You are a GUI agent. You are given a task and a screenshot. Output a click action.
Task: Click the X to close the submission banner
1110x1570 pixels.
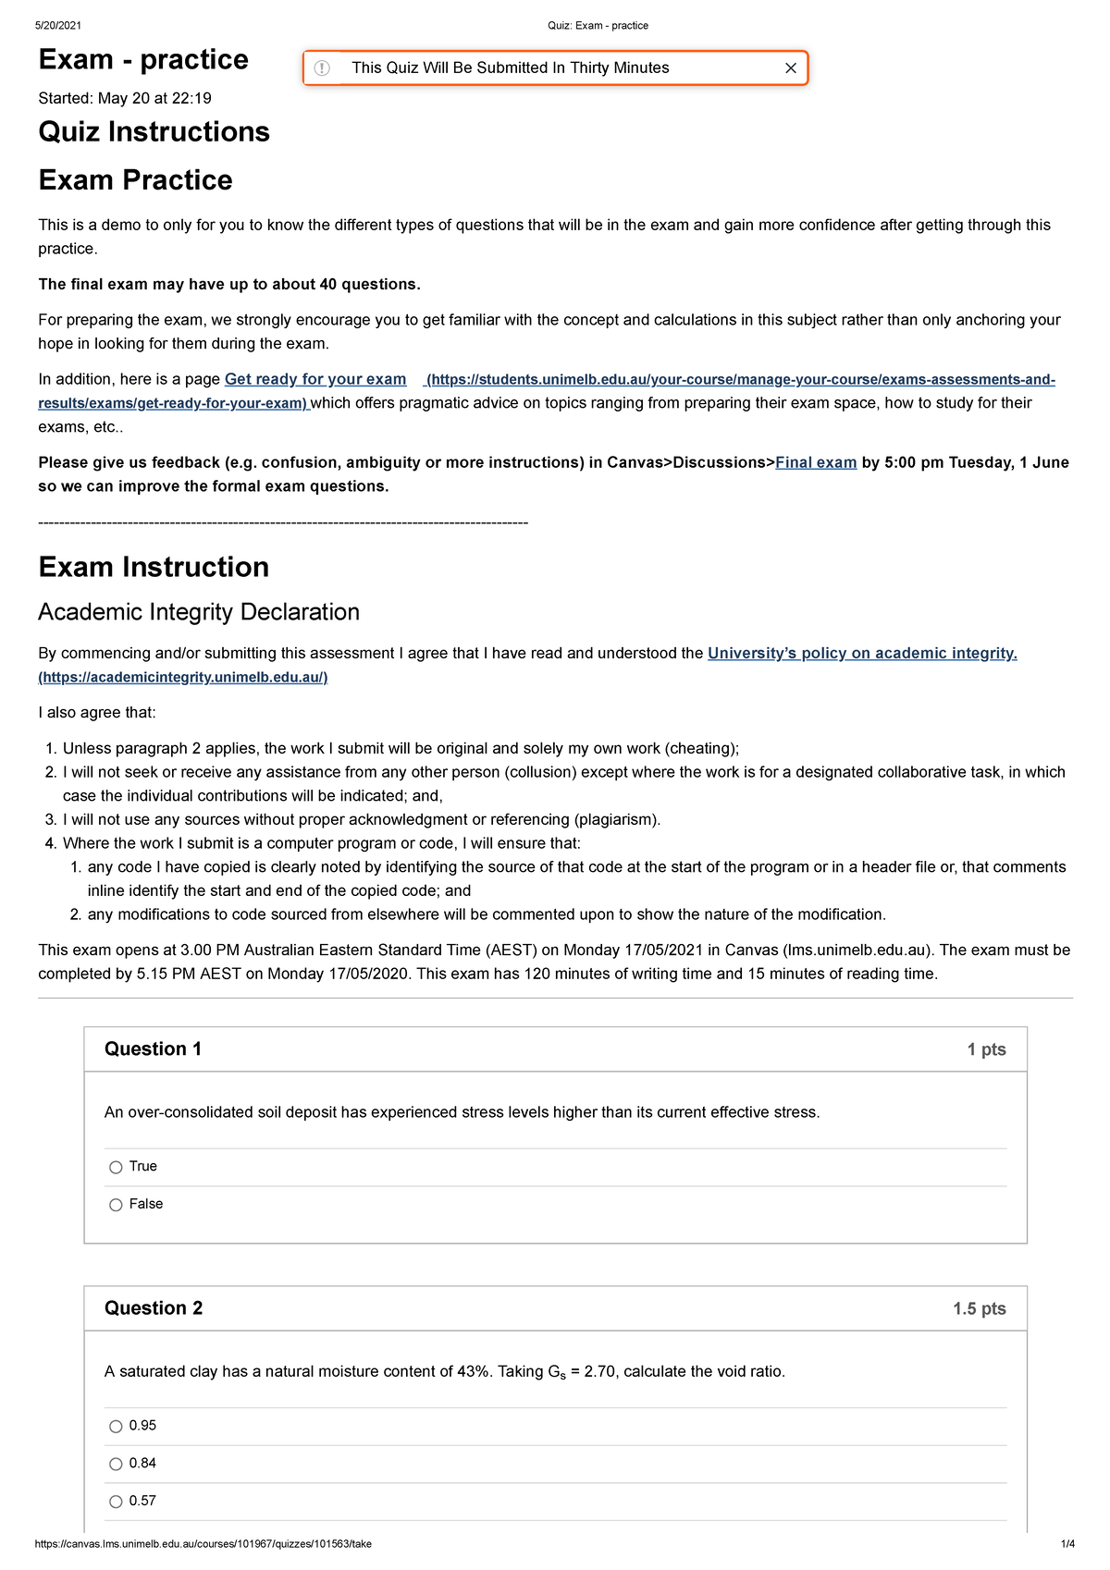[790, 68]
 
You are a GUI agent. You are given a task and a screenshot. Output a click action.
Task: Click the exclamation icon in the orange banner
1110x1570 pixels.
[322, 68]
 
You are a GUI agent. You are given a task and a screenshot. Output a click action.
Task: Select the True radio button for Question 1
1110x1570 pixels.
[116, 1167]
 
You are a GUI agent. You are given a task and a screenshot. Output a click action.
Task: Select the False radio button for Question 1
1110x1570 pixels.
[116, 1205]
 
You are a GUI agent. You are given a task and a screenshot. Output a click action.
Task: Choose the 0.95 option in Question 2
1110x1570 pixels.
[116, 1427]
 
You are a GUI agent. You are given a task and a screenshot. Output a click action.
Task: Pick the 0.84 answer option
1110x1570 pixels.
[116, 1464]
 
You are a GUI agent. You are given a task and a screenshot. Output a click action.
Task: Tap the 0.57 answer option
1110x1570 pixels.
[116, 1502]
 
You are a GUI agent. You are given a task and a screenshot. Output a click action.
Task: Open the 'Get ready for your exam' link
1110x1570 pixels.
[315, 379]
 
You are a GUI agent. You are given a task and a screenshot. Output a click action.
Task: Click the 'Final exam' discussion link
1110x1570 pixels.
[815, 462]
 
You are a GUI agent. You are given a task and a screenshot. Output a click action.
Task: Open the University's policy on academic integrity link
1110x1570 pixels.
[861, 654]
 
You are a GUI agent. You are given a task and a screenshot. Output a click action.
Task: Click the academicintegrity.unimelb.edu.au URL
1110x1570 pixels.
[183, 678]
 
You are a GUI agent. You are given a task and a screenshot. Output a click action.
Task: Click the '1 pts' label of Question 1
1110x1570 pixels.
[986, 1049]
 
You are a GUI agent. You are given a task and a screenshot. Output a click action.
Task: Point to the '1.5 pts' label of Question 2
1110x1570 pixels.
[979, 1309]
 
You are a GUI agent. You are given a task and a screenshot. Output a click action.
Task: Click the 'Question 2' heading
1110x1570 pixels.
[154, 1308]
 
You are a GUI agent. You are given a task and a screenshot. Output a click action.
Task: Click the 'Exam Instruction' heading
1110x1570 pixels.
[154, 567]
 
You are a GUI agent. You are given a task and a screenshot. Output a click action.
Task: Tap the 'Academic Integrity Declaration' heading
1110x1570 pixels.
[198, 612]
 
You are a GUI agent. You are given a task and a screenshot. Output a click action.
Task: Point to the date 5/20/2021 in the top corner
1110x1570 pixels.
[58, 26]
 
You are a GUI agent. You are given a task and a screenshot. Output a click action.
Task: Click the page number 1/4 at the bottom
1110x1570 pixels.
[1067, 1544]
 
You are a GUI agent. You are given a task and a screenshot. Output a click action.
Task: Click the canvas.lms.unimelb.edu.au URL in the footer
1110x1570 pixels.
[203, 1544]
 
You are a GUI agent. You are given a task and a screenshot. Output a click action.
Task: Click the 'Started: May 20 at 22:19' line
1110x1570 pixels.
[125, 98]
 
